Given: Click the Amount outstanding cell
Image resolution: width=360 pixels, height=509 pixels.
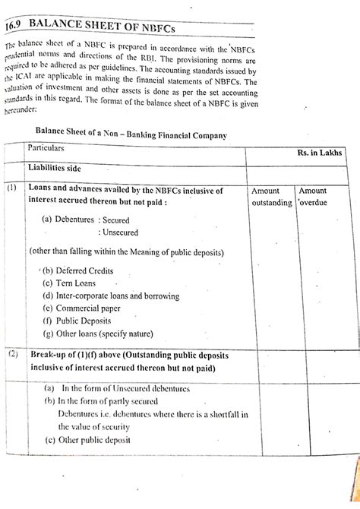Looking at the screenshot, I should coord(271,198).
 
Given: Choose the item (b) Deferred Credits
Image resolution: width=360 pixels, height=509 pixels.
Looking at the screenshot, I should coord(79,270).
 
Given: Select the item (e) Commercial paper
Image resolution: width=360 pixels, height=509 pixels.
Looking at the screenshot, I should coord(88,308).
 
